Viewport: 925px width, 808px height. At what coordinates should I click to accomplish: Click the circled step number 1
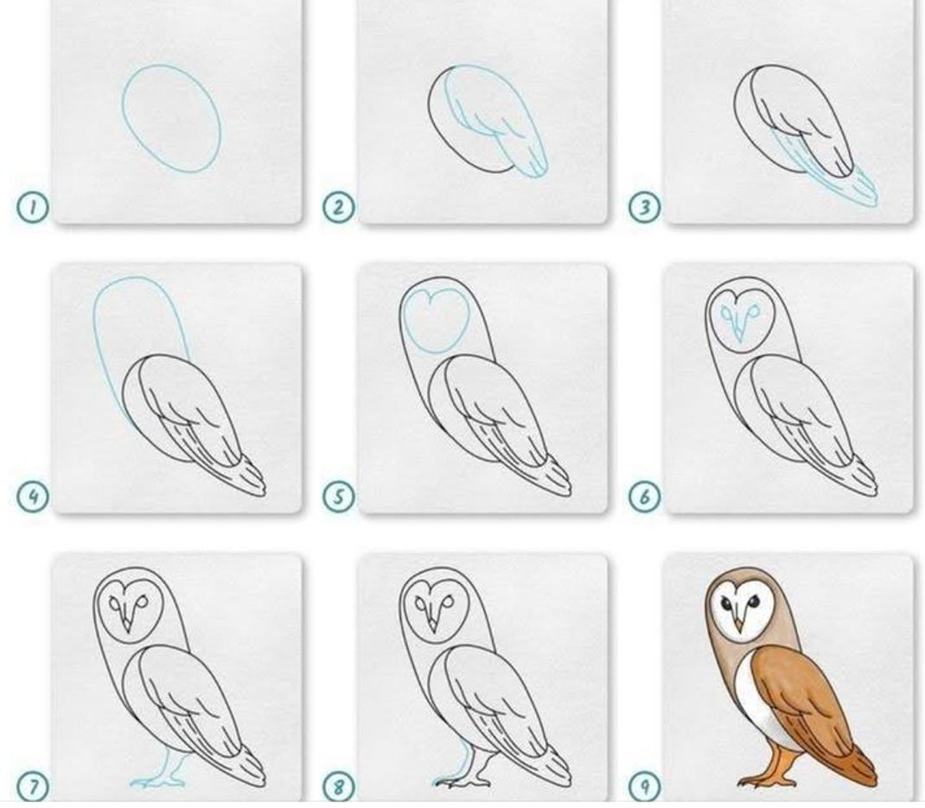point(32,207)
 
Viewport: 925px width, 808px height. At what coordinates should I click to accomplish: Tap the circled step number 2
point(339,207)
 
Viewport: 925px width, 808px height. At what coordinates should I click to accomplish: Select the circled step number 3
point(644,207)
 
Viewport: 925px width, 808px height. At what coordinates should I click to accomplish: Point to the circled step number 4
point(32,497)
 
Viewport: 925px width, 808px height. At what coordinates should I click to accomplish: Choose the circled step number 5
point(339,497)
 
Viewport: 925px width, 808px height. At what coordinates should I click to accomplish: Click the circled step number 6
point(644,497)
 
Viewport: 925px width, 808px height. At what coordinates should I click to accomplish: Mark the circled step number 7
point(32,786)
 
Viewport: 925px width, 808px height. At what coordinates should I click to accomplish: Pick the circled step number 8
point(339,786)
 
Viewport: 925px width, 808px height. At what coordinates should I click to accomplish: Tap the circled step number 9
point(644,786)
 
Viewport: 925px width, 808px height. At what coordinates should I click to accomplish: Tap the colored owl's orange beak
point(738,625)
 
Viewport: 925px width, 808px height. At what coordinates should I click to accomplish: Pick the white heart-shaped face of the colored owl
point(737,611)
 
